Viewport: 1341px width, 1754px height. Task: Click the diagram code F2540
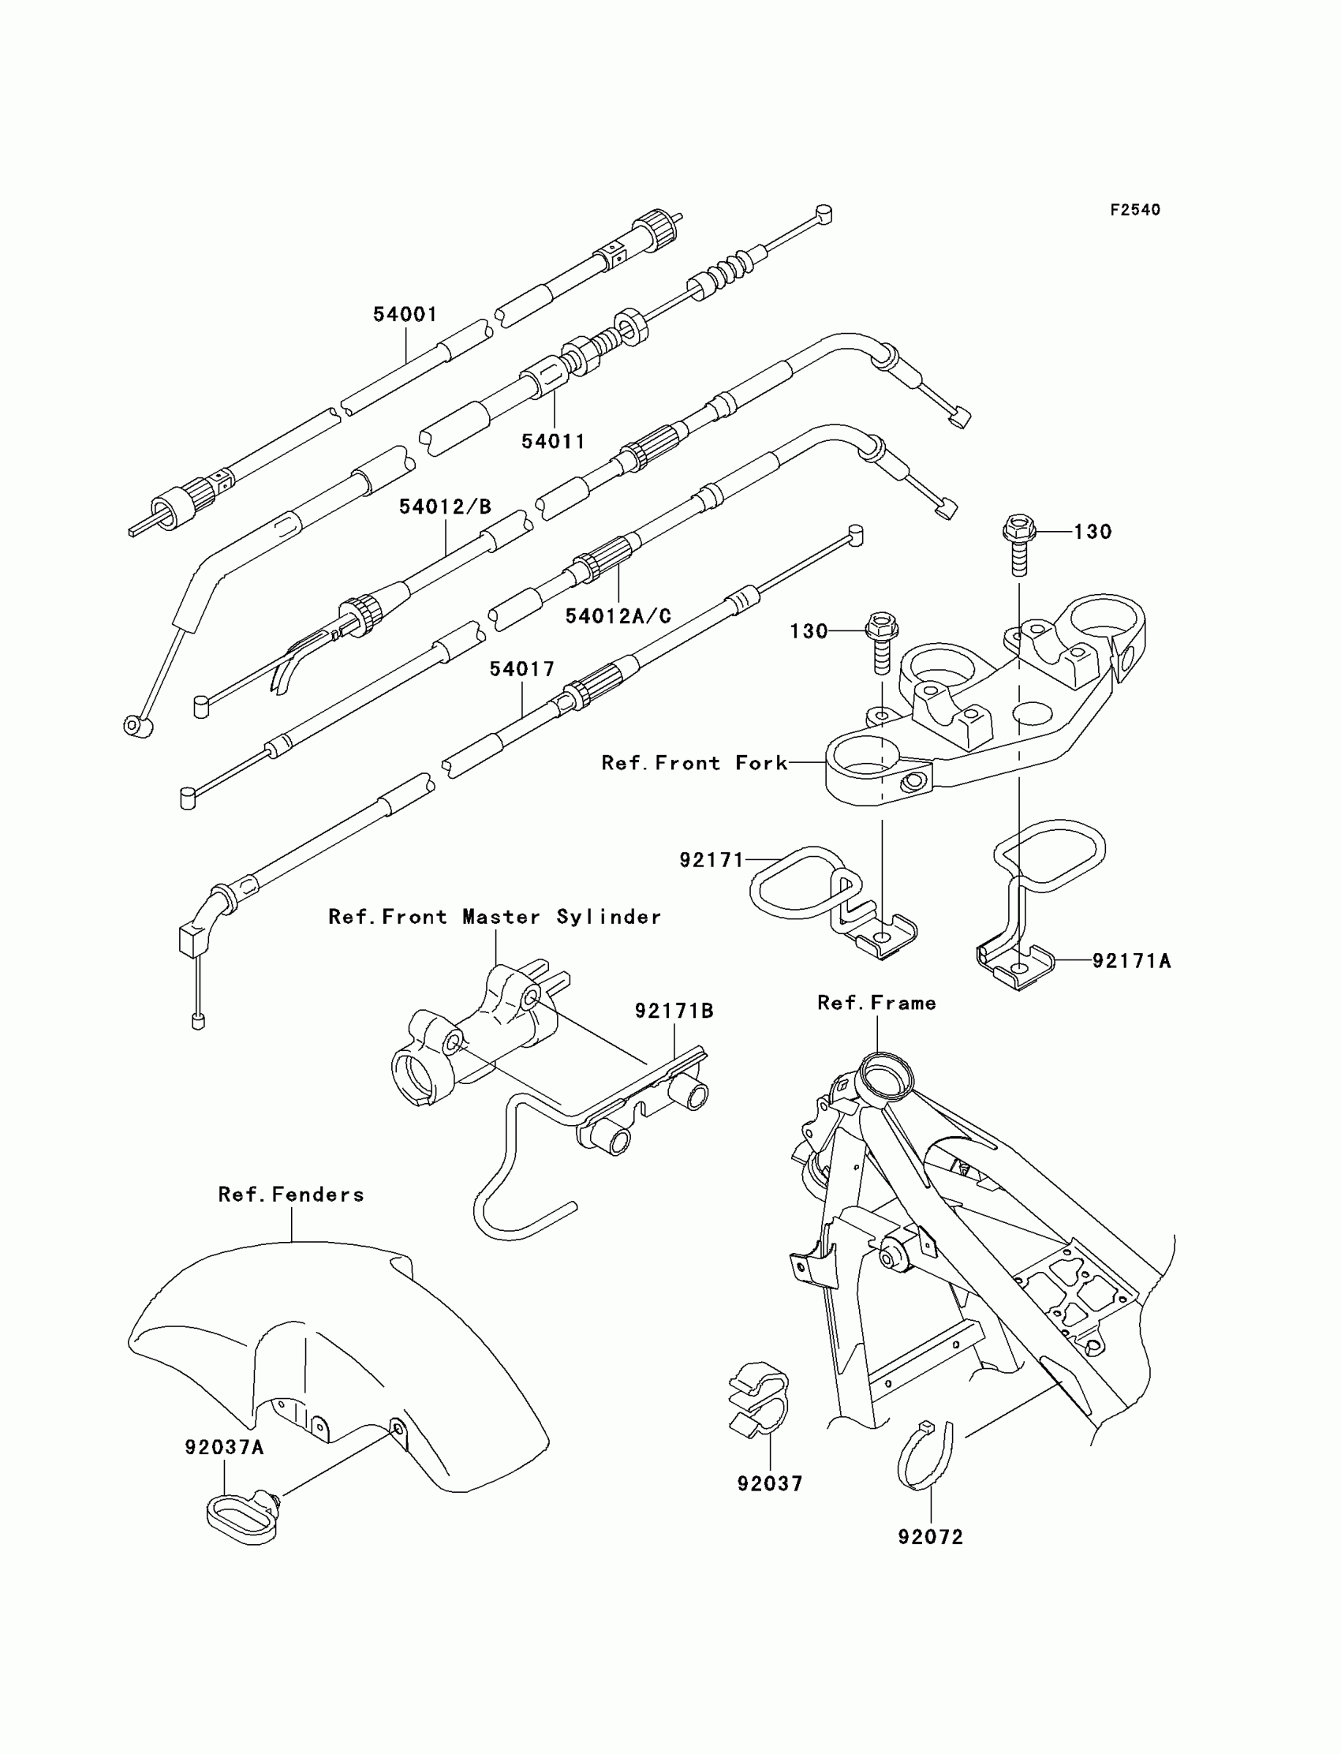click(x=1134, y=210)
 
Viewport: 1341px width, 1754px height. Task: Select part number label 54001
click(x=405, y=315)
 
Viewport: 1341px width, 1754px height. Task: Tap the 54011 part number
click(x=553, y=442)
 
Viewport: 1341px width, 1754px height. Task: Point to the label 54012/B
click(x=446, y=507)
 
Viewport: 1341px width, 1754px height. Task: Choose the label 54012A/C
click(x=618, y=616)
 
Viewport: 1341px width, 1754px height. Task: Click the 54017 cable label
click(x=522, y=669)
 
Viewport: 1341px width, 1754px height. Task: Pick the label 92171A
click(x=1131, y=961)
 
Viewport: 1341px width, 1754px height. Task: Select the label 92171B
click(x=674, y=1011)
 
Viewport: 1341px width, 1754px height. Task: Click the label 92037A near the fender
click(x=224, y=1447)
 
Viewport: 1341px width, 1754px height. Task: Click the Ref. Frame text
click(x=876, y=1003)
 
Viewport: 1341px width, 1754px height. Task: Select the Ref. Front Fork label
click(x=694, y=763)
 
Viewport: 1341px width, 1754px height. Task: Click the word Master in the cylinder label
click(x=500, y=917)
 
